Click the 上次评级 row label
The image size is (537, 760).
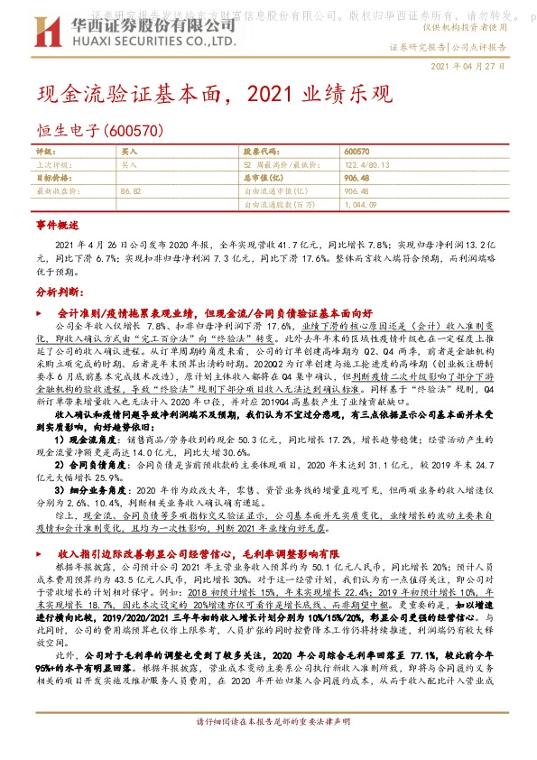(51, 165)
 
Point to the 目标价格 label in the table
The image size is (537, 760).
(51, 178)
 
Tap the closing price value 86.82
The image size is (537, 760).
(131, 191)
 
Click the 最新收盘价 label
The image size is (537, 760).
(53, 191)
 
